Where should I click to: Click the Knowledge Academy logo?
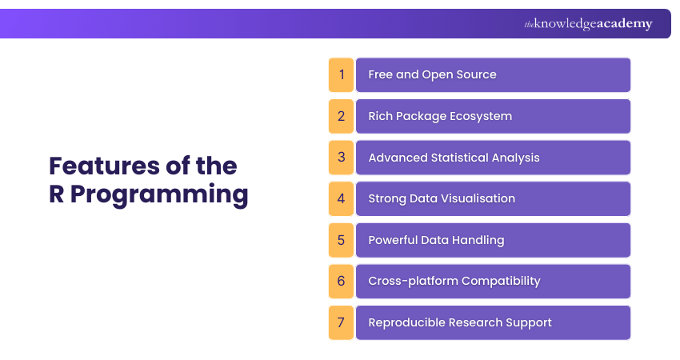pyautogui.click(x=588, y=24)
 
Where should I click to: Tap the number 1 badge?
pyautogui.click(x=341, y=74)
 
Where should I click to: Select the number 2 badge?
pyautogui.click(x=341, y=116)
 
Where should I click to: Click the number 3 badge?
pyautogui.click(x=341, y=158)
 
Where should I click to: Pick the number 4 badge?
pyautogui.click(x=341, y=198)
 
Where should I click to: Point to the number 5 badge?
pyautogui.click(x=341, y=240)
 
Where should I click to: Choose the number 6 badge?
pyautogui.click(x=341, y=281)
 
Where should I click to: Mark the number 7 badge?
pyautogui.click(x=341, y=322)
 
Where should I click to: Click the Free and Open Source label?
pyautogui.click(x=432, y=74)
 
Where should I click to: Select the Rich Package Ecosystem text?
pyautogui.click(x=440, y=116)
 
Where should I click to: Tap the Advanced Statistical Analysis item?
pyautogui.click(x=454, y=158)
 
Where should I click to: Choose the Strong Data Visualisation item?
pyautogui.click(x=442, y=198)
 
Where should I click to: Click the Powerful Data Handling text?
pyautogui.click(x=436, y=240)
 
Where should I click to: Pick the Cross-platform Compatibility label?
pyautogui.click(x=454, y=281)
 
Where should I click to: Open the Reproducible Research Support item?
pyautogui.click(x=460, y=322)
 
